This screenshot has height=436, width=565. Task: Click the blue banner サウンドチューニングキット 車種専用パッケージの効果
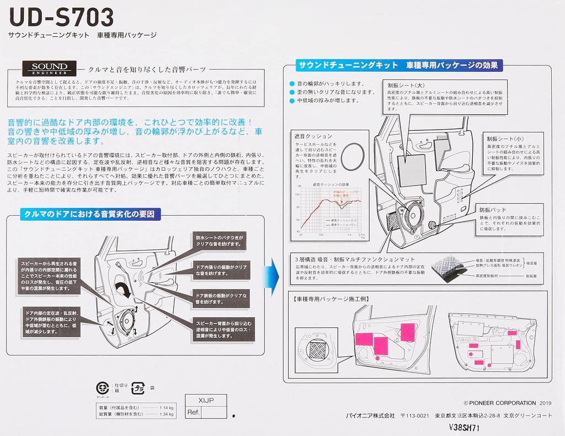pyautogui.click(x=399, y=65)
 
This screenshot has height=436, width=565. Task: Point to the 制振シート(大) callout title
pyautogui.click(x=406, y=85)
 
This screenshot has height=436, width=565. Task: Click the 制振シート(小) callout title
pyautogui.click(x=504, y=138)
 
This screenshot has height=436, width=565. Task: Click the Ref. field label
pyautogui.click(x=194, y=412)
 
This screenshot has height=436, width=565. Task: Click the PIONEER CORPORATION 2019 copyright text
pyautogui.click(x=500, y=403)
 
